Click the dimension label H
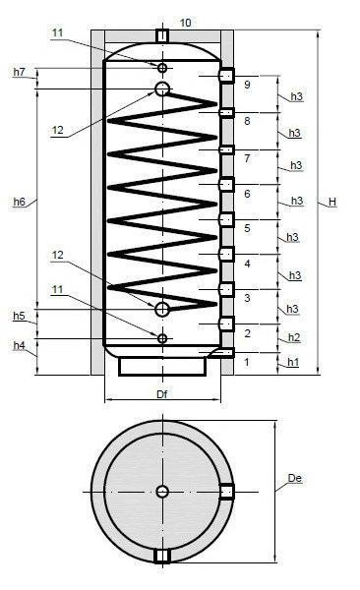(331, 202)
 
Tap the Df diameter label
(162, 394)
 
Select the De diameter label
(294, 478)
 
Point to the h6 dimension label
(20, 202)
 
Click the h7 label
(20, 72)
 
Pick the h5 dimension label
(20, 316)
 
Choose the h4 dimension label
(20, 345)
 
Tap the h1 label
(293, 362)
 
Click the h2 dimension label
(294, 337)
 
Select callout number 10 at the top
(185, 23)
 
